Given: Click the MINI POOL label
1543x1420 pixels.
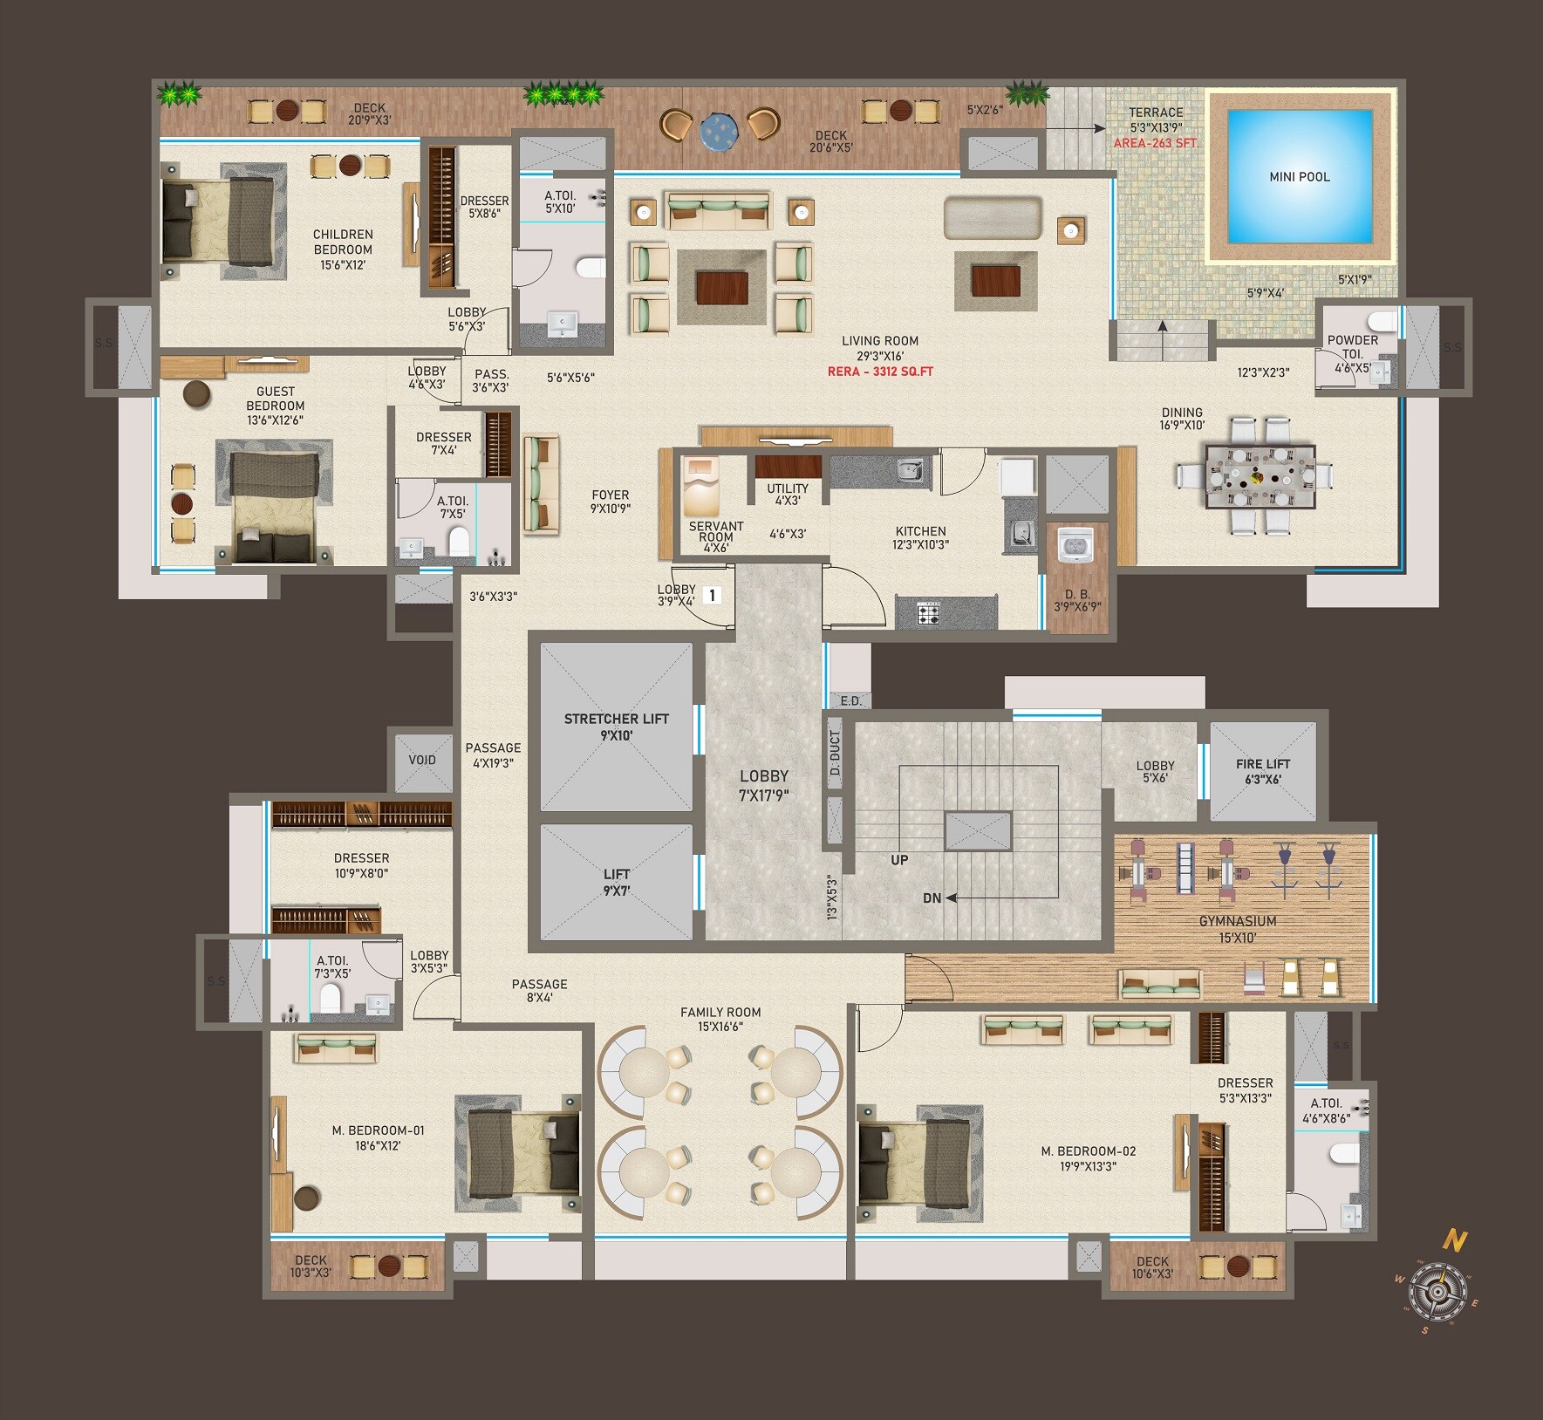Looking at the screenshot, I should click(x=1299, y=177).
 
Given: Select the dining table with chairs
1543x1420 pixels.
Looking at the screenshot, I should click(x=1260, y=476).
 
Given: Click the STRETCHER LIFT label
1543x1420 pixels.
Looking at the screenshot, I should click(x=616, y=719).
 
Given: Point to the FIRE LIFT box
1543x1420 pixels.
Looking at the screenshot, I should click(x=1262, y=771).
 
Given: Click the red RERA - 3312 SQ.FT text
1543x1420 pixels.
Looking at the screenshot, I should click(x=880, y=372).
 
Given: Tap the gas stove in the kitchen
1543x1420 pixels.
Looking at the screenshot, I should click(x=928, y=615).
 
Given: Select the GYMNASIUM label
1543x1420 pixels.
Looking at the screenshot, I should click(x=1237, y=921).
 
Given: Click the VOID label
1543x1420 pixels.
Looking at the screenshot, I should click(x=422, y=760).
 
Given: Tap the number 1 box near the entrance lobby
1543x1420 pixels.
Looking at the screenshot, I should click(x=712, y=596).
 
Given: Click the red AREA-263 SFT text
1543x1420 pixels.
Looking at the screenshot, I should click(x=1155, y=143).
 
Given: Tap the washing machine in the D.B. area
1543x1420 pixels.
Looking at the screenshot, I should click(x=1075, y=546).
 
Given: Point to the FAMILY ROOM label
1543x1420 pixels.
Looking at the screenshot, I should click(x=720, y=1013).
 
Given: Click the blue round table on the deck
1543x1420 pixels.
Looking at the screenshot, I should click(x=719, y=131).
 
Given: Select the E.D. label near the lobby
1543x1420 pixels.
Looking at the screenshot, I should click(x=850, y=701).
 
